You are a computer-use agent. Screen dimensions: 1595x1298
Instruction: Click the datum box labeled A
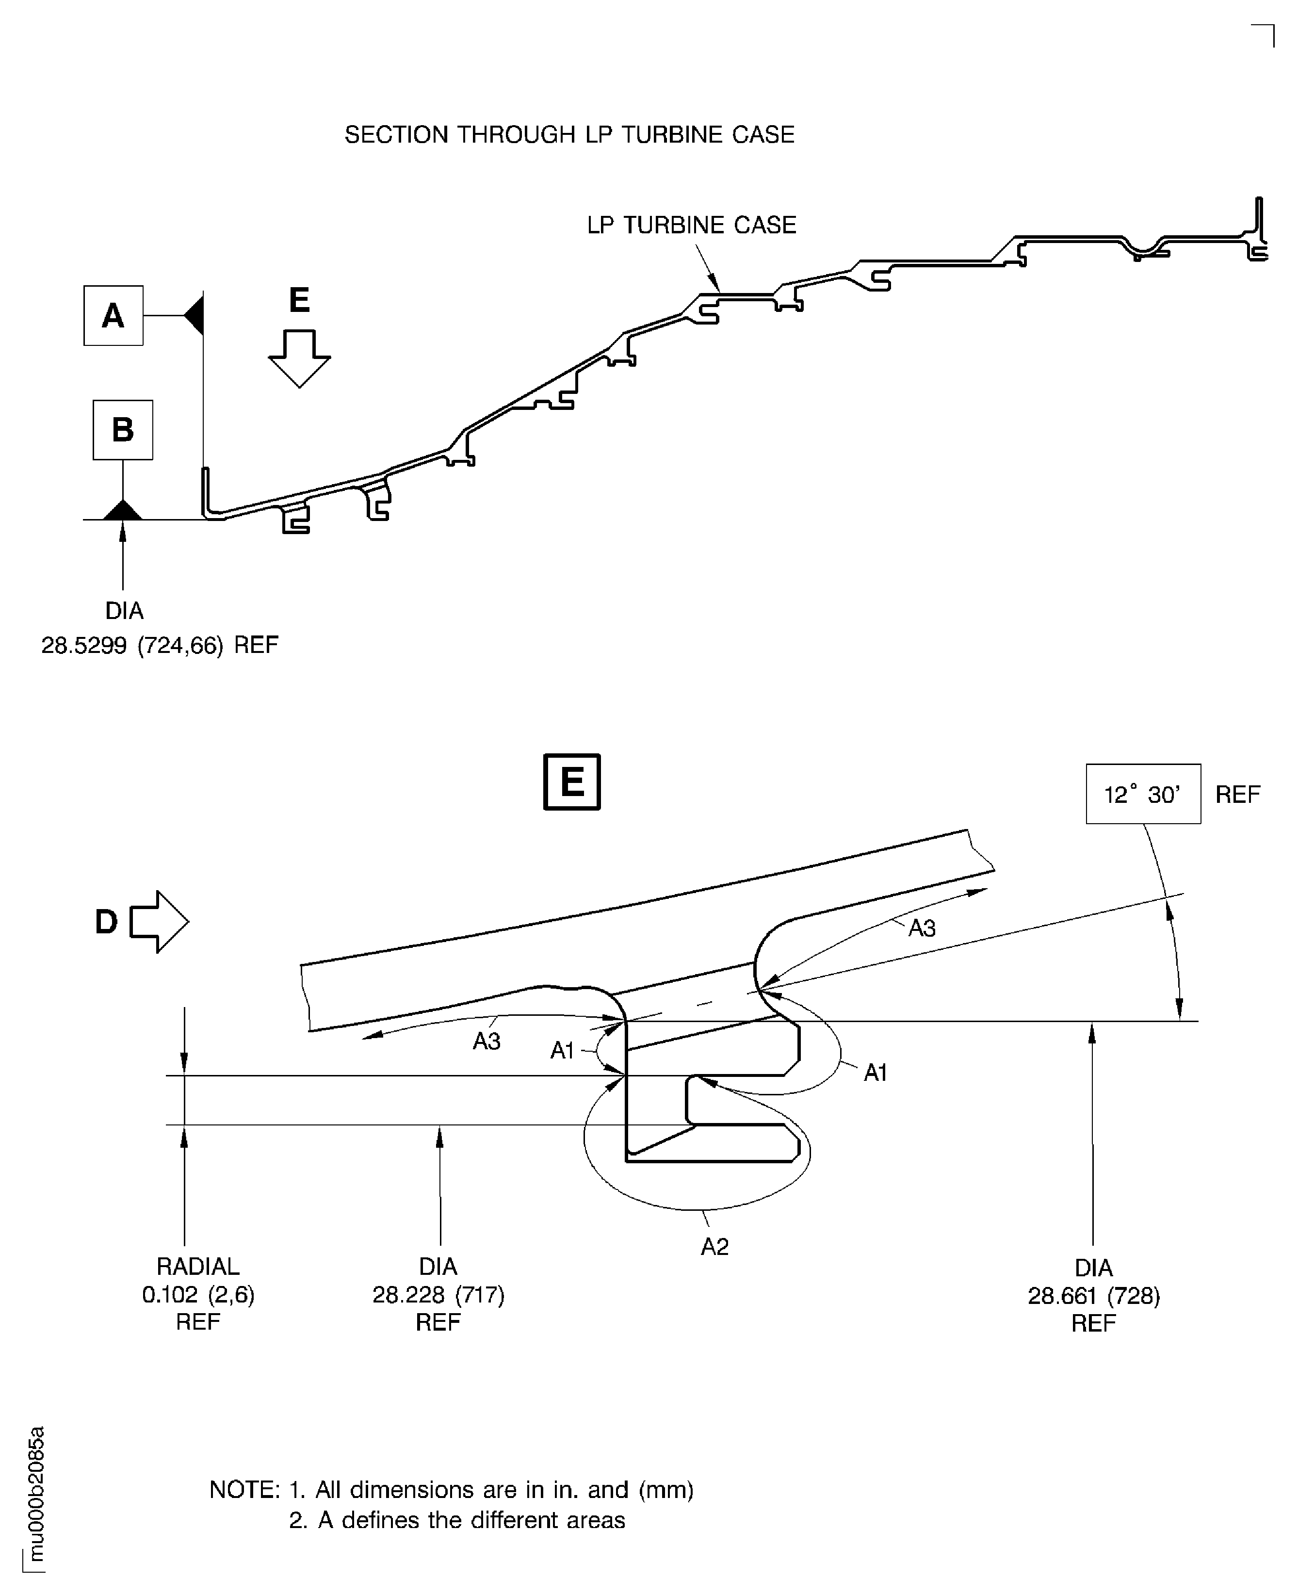click(x=113, y=316)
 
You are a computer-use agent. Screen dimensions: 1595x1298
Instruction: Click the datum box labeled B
click(x=123, y=430)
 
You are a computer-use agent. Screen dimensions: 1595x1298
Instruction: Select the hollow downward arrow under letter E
click(x=299, y=359)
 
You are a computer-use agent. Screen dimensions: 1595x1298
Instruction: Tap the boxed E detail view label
click(x=572, y=782)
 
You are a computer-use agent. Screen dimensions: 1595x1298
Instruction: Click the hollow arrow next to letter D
click(x=159, y=922)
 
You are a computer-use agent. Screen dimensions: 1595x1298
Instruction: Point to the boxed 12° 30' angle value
click(x=1142, y=794)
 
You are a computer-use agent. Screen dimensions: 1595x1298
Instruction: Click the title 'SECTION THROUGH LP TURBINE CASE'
click(x=569, y=134)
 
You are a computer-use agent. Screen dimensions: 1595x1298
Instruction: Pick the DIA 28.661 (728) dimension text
click(x=1093, y=1296)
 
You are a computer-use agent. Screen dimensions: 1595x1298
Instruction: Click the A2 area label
click(x=714, y=1247)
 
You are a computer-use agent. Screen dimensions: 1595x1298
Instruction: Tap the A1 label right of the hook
click(x=875, y=1073)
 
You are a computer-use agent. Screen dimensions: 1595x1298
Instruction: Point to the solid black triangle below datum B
click(x=123, y=511)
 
